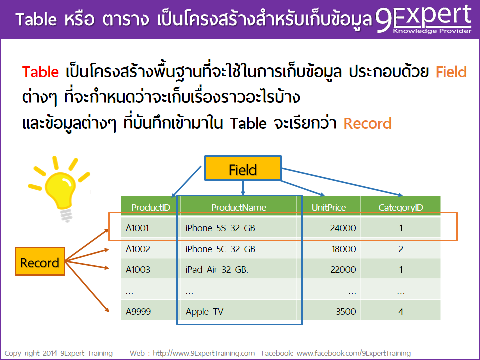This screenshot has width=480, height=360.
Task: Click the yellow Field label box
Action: coord(242,170)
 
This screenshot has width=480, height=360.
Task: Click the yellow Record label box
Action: coord(40,263)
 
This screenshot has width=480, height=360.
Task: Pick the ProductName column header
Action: coord(239,207)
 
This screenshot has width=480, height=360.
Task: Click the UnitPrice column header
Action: coord(328,207)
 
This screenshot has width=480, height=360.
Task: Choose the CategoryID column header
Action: coord(401,207)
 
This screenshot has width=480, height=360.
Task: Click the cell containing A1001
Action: coord(138,228)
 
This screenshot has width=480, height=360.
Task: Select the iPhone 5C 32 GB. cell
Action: coord(221,249)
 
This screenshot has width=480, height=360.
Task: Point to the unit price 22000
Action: coord(343,270)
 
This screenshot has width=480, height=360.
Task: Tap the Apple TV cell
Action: coord(204,312)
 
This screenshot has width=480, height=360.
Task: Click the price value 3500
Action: coord(346,312)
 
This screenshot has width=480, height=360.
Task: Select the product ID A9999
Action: coord(138,312)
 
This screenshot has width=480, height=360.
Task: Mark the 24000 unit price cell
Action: coord(343,228)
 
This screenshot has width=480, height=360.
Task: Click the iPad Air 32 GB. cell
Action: coord(217,270)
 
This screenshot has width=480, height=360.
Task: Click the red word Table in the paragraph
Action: coord(40,72)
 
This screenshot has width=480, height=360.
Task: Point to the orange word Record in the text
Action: coord(367,123)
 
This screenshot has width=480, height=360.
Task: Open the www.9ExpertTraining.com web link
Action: coord(204,353)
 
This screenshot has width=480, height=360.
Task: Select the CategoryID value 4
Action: coord(401,312)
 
